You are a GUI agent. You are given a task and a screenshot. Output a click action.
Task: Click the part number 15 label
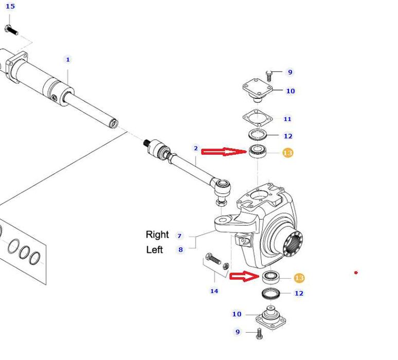point(10,6)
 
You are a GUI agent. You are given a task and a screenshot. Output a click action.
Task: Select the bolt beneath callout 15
point(11,30)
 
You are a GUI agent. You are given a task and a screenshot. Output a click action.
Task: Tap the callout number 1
point(68,60)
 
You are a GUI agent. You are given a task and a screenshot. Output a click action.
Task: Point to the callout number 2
point(196,148)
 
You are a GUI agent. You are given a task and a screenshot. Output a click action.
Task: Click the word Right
point(157,235)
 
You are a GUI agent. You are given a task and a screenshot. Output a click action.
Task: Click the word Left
point(154,250)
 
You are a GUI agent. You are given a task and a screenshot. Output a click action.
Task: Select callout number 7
point(179,236)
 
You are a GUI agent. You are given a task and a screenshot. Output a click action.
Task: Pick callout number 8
point(180,250)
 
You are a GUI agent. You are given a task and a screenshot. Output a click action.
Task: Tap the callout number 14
point(214,291)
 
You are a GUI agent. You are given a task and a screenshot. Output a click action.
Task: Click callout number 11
point(287,119)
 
